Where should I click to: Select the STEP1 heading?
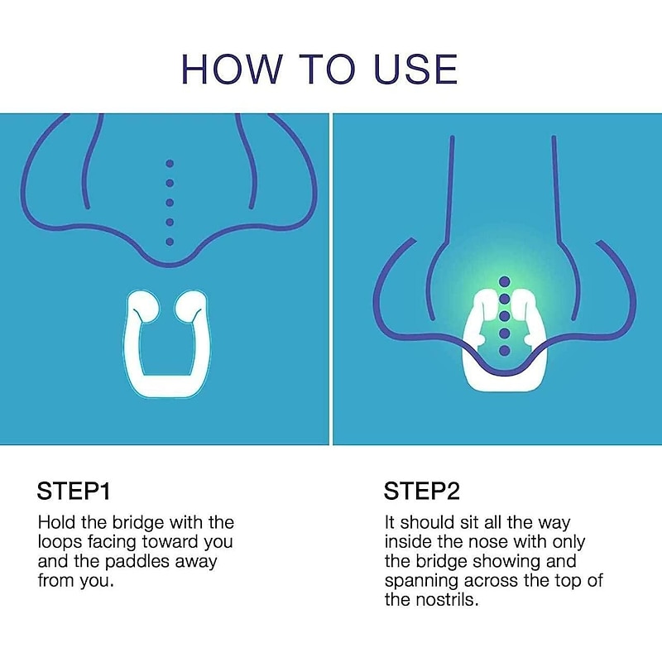(x=74, y=492)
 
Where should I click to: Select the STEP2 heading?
(x=421, y=492)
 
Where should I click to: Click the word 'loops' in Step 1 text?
(x=65, y=542)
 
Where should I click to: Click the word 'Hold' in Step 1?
(x=55, y=523)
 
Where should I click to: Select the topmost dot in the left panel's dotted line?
(x=170, y=163)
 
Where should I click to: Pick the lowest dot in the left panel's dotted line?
(x=170, y=242)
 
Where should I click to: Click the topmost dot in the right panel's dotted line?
(x=503, y=283)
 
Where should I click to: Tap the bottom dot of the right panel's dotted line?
(x=503, y=351)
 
